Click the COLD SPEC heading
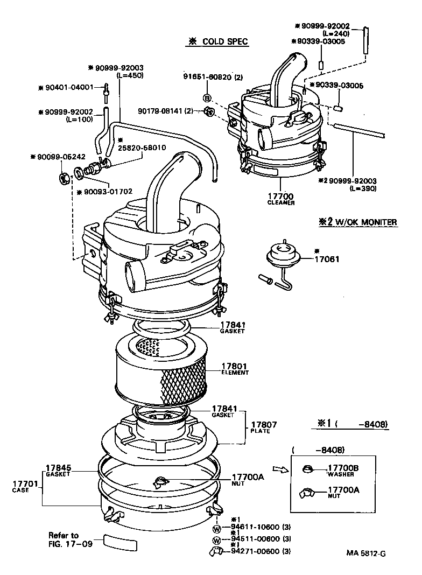point(218,42)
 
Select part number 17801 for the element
point(235,366)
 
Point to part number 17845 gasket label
point(58,468)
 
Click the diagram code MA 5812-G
point(366,552)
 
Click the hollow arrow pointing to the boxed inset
point(281,469)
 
